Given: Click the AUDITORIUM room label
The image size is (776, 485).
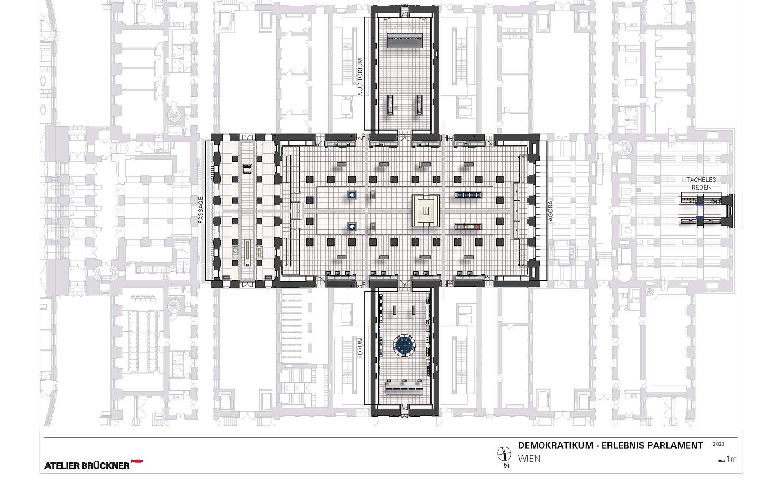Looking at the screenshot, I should point(360,77).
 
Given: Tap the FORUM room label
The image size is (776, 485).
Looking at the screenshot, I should point(360,348).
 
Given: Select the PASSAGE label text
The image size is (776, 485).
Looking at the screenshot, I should point(200,210).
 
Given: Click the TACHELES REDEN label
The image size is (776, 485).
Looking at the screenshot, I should point(701,183).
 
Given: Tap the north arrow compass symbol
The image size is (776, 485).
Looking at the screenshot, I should point(503,453).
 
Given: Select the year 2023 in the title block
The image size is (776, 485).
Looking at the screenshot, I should point(718,444).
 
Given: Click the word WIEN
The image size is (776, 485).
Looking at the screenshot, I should point(529,459).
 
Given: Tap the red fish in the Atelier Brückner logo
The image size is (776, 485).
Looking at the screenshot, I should point(137,461).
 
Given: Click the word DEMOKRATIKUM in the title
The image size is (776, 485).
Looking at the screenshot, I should point(555,445).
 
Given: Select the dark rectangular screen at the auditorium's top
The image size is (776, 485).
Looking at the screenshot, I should point(405,41).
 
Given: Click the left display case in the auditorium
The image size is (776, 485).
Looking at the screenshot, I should point(390,105).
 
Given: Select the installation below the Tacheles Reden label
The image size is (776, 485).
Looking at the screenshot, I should point(705,211).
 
